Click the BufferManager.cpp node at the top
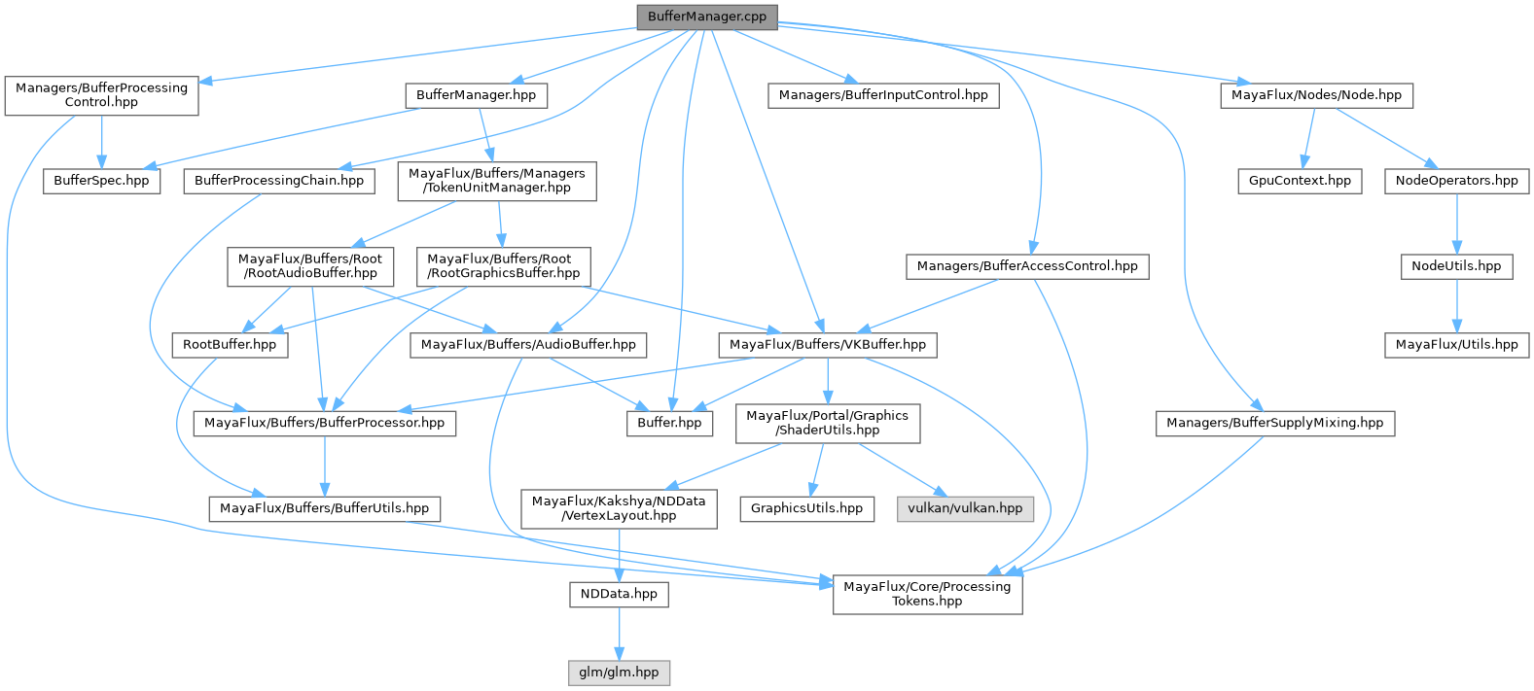click(x=706, y=17)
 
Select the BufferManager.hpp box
click(x=476, y=95)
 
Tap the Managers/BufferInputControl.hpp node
click(x=882, y=95)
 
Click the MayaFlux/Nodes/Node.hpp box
click(x=1316, y=95)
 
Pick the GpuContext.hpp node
click(x=1300, y=181)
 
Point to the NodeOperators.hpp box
click(x=1456, y=181)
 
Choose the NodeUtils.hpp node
click(x=1456, y=266)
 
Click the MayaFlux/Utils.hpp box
click(x=1456, y=345)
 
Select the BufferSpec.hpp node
click(x=101, y=181)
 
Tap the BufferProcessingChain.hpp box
click(x=278, y=181)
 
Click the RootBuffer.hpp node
click(x=230, y=345)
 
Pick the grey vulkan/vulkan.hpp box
click(x=965, y=508)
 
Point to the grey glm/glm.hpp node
click(x=619, y=673)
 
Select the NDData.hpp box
click(x=619, y=594)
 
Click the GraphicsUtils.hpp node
click(x=806, y=508)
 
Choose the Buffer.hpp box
click(x=669, y=423)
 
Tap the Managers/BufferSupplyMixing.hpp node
click(x=1274, y=423)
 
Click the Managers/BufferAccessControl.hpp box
click(x=1026, y=266)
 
